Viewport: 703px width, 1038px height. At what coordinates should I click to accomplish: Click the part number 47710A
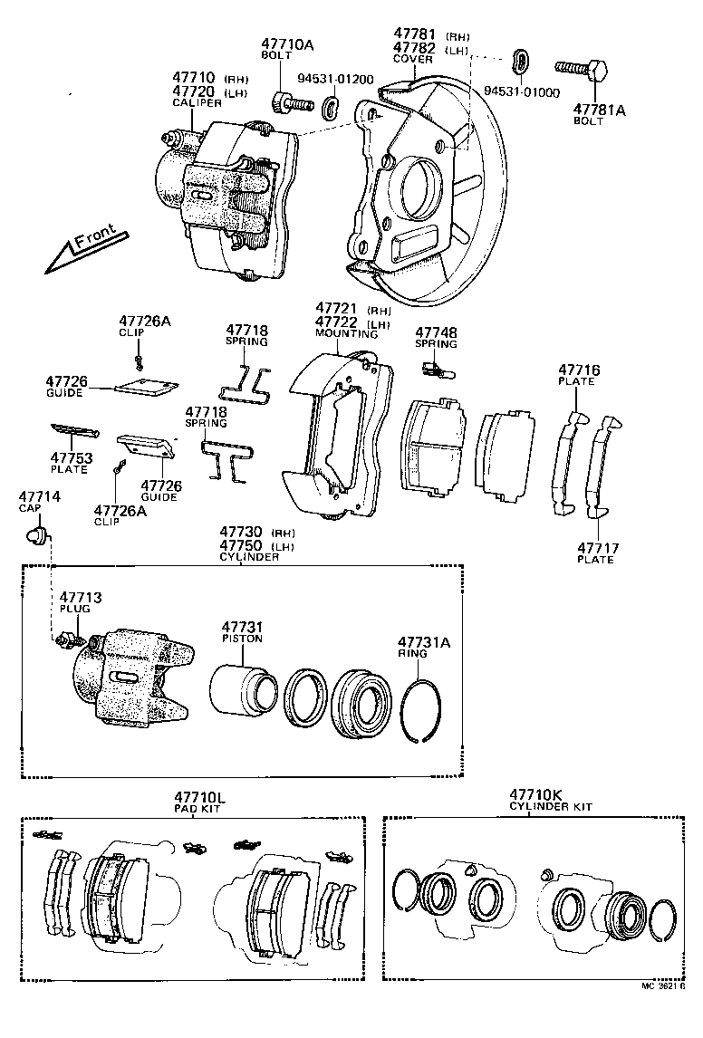288,43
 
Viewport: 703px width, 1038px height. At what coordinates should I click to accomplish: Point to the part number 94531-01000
521,92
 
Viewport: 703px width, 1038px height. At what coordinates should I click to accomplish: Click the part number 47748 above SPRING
436,332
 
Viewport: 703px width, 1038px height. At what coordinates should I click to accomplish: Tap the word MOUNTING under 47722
340,333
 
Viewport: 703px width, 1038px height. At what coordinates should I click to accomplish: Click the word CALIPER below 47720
197,103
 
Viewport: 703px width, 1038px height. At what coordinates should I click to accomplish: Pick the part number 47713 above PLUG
81,598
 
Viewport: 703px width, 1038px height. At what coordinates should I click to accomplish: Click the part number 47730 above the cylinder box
240,532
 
